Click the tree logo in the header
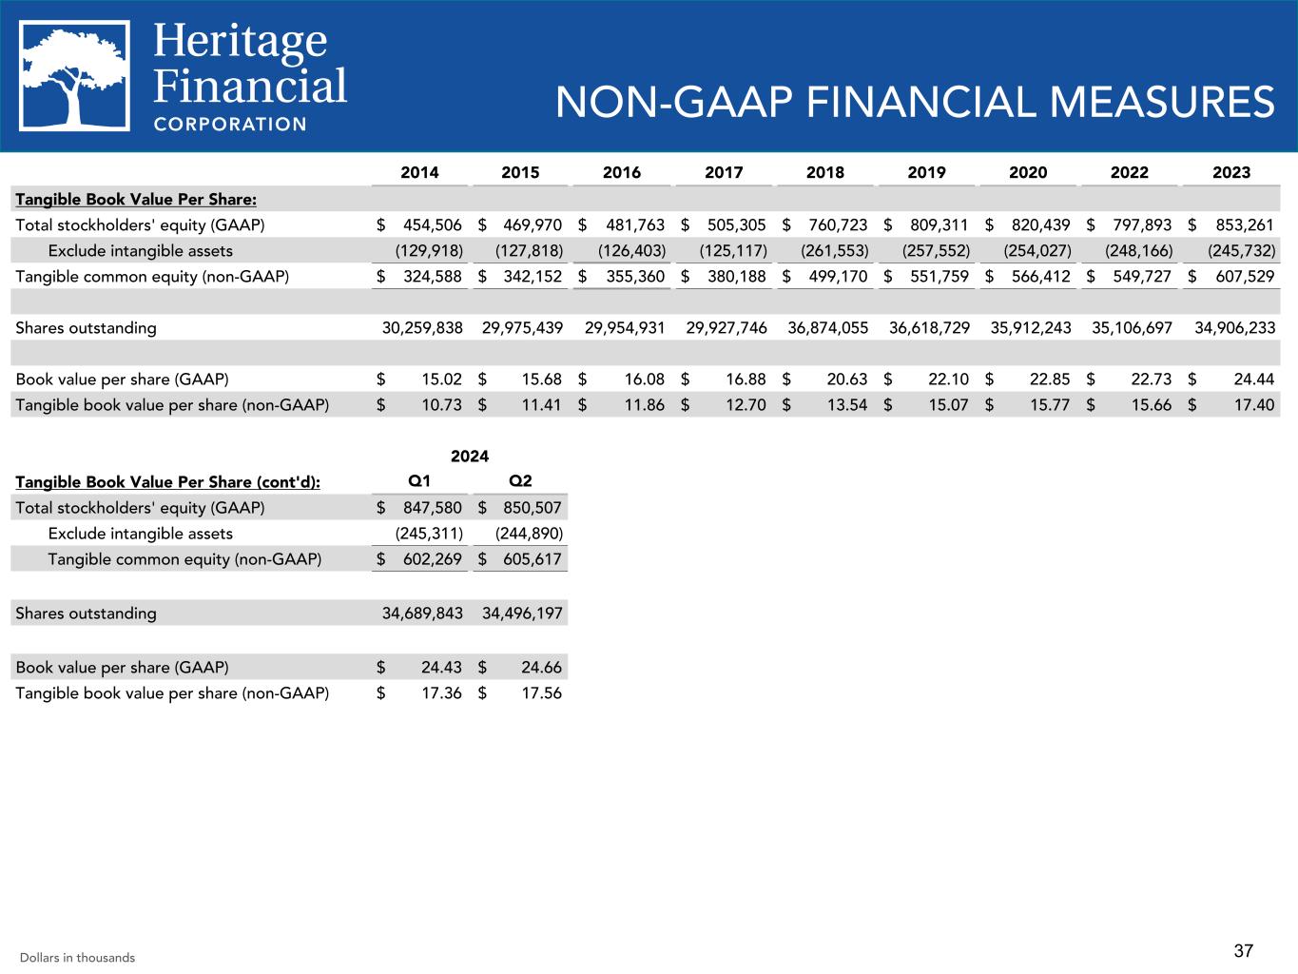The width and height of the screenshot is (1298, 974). point(76,77)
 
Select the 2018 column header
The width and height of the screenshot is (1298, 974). point(824,172)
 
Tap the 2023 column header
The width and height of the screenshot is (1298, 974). point(1231,172)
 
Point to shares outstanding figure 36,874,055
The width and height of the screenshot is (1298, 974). point(827,328)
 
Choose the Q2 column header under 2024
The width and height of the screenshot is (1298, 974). point(520,481)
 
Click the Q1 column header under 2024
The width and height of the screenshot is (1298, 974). point(418,481)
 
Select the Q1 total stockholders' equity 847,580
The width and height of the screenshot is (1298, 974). point(427,508)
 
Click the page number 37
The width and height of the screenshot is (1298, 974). point(1244,950)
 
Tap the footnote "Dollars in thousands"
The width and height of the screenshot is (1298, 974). point(77,958)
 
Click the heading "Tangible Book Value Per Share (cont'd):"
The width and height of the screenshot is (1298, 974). point(168,482)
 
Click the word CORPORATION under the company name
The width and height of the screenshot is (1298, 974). point(230,124)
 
